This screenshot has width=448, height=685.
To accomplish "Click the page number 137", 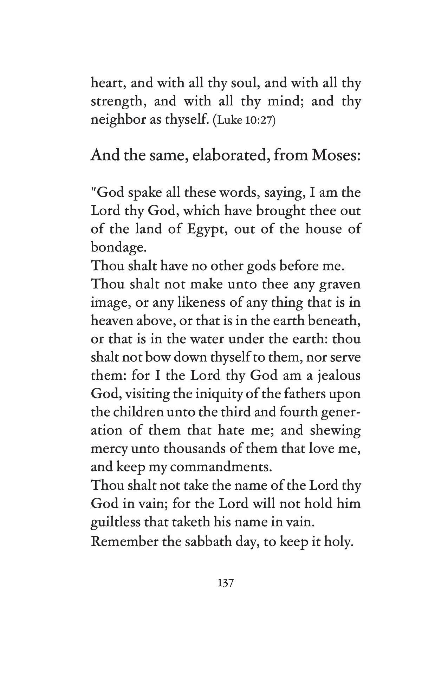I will [226, 583].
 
